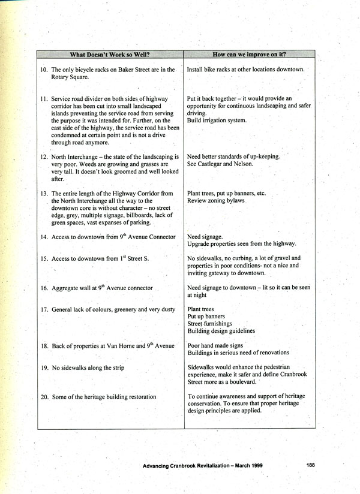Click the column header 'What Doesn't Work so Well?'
[110, 55]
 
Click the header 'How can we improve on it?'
[249, 55]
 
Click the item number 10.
[44, 70]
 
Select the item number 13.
[44, 194]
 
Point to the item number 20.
[44, 396]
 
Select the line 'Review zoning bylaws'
[215, 201]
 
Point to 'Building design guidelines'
[221, 330]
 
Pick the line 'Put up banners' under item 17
[206, 316]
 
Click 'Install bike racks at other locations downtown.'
[245, 70]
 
